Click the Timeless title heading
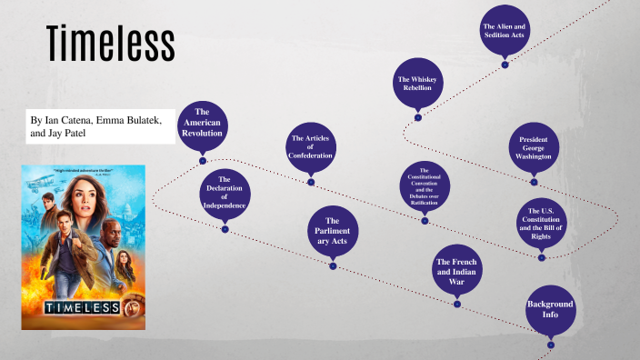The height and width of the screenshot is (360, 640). coord(110,44)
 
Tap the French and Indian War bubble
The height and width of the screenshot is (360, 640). coord(456,271)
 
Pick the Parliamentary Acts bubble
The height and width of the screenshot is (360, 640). coord(333,232)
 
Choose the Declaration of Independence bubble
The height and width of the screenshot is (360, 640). coord(224,193)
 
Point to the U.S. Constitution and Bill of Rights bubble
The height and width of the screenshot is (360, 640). coord(541,222)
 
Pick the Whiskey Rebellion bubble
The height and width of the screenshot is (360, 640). coord(418,85)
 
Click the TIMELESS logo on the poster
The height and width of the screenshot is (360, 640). coord(83,307)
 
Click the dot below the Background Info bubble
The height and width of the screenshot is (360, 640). coord(551,345)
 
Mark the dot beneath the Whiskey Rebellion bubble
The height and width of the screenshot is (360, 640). coord(418,117)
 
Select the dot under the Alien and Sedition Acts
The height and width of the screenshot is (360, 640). coord(505,65)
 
